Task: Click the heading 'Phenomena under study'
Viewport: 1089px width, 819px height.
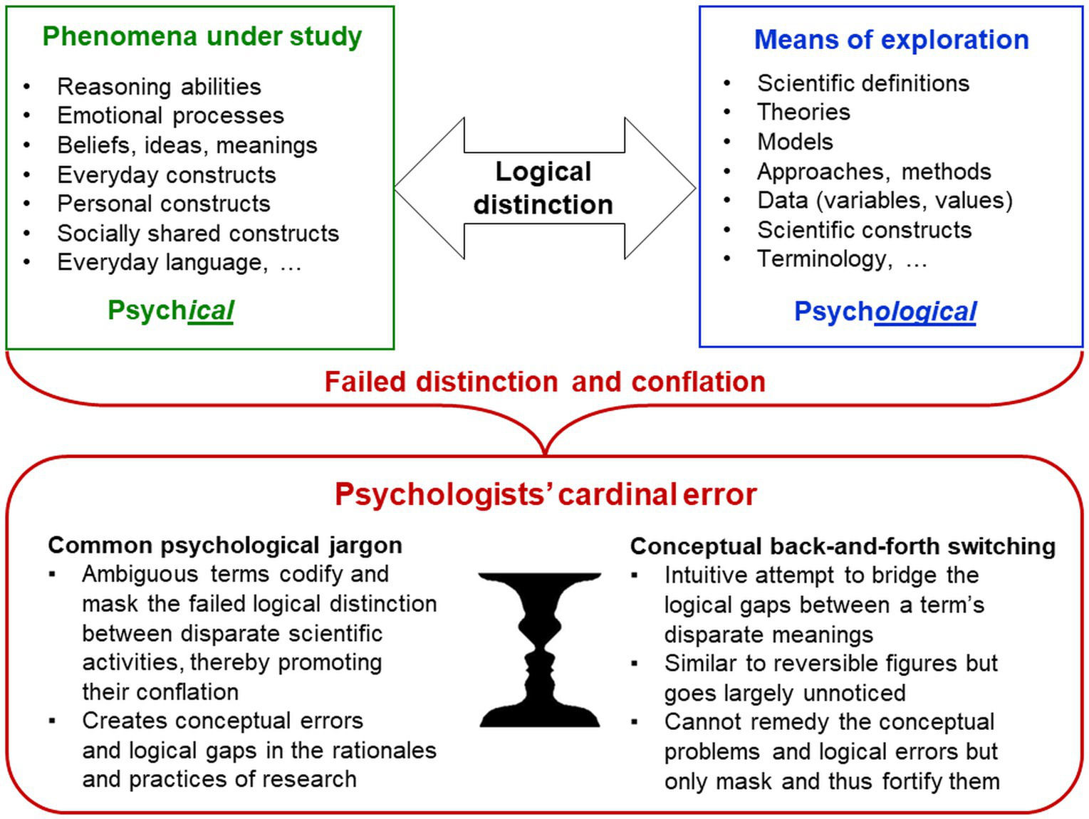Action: click(202, 36)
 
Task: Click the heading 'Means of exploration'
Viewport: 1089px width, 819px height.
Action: click(891, 40)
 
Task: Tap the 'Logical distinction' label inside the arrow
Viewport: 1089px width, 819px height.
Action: click(543, 188)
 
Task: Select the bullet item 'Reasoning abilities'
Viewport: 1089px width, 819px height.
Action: click(159, 87)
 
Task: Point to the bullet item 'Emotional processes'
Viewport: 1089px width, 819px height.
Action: click(170, 115)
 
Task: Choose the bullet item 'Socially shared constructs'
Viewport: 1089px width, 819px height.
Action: click(198, 234)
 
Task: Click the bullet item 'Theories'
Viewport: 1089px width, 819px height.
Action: click(803, 113)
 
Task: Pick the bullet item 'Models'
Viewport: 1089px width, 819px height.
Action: click(795, 142)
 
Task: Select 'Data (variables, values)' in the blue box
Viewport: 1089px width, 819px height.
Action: click(885, 201)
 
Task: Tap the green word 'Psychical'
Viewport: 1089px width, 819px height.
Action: click(170, 311)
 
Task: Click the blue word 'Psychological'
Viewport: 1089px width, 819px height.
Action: click(885, 312)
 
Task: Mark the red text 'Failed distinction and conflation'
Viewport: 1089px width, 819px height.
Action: click(545, 382)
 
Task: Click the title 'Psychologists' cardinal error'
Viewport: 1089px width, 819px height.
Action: click(545, 494)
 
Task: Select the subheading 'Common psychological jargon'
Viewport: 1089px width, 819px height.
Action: click(225, 546)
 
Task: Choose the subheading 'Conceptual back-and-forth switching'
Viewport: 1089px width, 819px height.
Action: click(843, 546)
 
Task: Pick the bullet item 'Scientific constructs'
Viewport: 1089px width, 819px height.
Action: click(864, 230)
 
